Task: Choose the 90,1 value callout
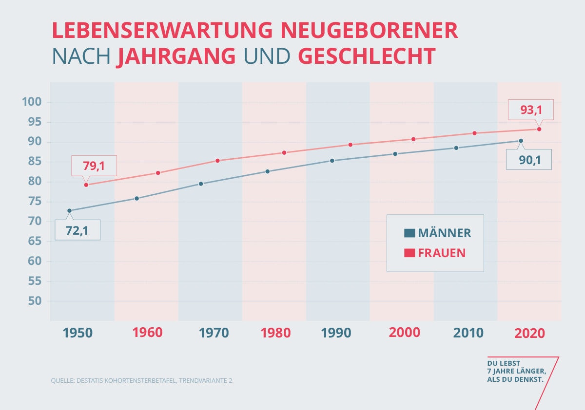point(528,160)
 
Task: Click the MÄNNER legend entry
point(438,233)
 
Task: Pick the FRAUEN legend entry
point(435,253)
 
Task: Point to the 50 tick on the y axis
point(37,301)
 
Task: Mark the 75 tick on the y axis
point(37,202)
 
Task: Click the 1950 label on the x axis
point(78,333)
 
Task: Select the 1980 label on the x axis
point(275,333)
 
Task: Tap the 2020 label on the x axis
point(530,333)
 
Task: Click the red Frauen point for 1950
point(86,185)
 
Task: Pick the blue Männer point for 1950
point(69,211)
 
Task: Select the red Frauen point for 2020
point(539,129)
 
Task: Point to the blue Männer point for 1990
point(332,160)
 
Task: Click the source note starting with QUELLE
point(141,380)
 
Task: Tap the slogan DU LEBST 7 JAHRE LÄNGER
point(516,371)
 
